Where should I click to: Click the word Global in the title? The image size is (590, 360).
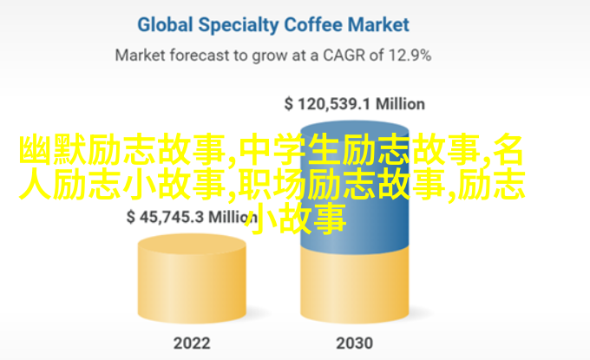tap(165, 25)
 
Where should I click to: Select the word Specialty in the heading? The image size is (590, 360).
tap(239, 25)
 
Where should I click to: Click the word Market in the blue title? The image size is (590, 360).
tap(378, 25)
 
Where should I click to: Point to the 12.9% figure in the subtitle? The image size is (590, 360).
tap(410, 56)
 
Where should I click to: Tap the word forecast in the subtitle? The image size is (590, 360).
tap(200, 56)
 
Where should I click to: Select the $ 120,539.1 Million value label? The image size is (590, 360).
tap(355, 104)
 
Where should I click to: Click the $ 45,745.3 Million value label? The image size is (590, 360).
tap(192, 217)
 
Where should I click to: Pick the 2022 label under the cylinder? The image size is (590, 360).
tap(192, 343)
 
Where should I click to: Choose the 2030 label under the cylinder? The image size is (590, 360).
tap(355, 343)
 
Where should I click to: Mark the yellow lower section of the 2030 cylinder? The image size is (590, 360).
tap(355, 286)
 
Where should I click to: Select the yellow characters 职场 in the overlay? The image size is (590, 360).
tap(273, 184)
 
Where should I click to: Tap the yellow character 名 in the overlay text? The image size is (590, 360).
tap(508, 150)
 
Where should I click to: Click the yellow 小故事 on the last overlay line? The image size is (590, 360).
tap(295, 219)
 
